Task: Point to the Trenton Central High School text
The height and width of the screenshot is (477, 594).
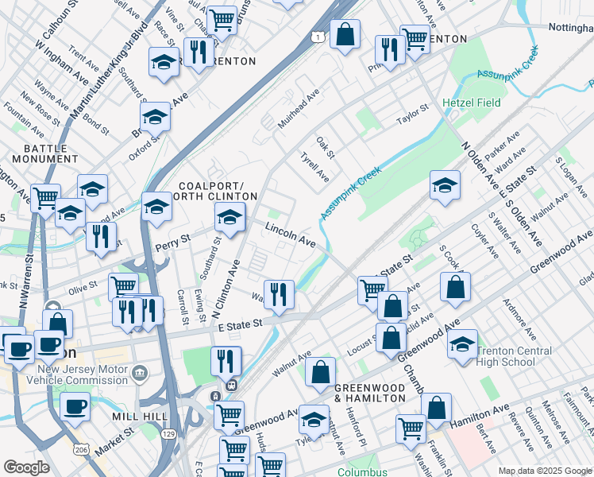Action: point(519,356)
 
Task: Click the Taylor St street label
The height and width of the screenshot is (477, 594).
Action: point(413,117)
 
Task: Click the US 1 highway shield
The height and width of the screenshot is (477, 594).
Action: point(318,37)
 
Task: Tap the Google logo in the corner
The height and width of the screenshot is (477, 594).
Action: point(27,467)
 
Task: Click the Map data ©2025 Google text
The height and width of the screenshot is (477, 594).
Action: point(545,471)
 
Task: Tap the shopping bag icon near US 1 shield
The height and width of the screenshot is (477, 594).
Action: point(344,34)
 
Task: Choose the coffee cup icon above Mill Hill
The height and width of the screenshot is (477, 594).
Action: point(75,405)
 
